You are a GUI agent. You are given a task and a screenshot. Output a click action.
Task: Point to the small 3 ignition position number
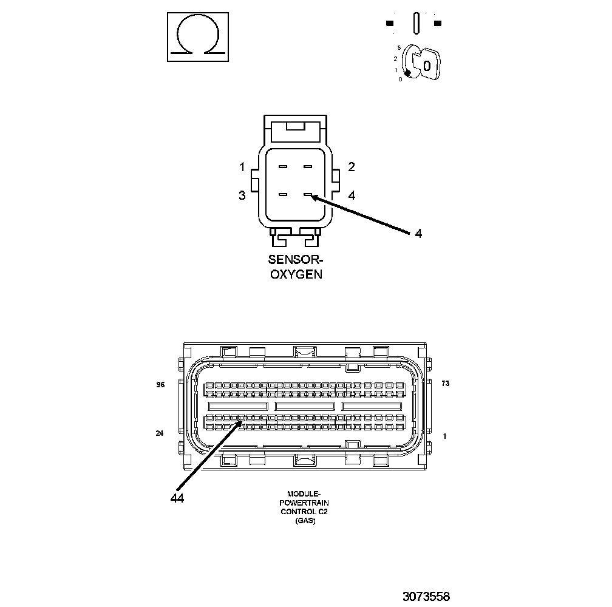point(399,47)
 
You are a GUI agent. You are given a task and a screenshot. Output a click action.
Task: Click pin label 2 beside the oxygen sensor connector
point(352,167)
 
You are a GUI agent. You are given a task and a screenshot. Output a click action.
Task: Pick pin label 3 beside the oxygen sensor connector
point(242,195)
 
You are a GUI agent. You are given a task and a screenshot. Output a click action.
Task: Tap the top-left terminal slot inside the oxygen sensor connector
point(283,166)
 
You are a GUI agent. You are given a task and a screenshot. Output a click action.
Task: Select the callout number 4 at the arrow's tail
point(418,234)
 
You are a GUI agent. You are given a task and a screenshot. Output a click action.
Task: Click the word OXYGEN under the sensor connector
point(296,274)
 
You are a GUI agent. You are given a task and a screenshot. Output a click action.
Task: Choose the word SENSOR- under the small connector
point(296,260)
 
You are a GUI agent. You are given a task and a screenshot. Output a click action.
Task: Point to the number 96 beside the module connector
point(160,384)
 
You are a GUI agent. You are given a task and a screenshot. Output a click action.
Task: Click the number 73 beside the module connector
point(446,384)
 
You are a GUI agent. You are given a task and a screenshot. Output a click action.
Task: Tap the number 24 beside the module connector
point(160,433)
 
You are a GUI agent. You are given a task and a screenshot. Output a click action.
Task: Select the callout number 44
point(177,498)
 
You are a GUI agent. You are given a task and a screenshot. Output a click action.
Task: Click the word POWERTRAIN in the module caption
point(297,503)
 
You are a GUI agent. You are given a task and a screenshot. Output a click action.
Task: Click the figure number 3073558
point(426,596)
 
